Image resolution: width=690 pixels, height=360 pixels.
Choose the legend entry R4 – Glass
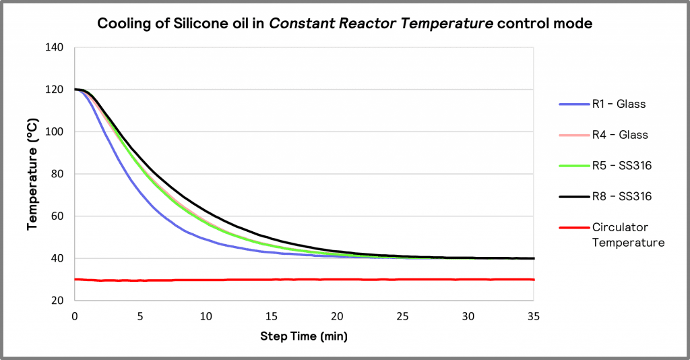[620, 135]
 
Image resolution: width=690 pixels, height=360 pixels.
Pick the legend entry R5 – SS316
[621, 165]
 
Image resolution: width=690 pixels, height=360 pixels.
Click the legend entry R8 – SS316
[621, 196]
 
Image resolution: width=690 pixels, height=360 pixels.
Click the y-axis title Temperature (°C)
[32, 174]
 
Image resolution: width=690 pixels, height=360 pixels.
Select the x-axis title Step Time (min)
[304, 336]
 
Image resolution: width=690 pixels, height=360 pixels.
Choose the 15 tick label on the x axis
[272, 316]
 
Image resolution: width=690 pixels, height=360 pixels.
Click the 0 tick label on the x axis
[75, 316]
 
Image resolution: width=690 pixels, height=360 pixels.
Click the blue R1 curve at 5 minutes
[140, 191]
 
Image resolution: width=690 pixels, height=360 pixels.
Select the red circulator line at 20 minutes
[337, 279]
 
